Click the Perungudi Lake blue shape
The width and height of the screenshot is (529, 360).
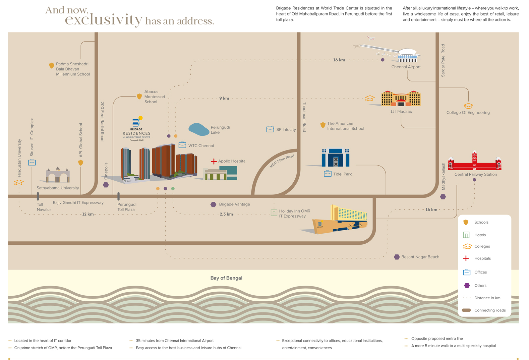pyautogui.click(x=199, y=129)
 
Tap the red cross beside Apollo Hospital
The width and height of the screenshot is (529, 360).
pyautogui.click(x=214, y=161)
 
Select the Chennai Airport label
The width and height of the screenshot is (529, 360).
pyautogui.click(x=406, y=67)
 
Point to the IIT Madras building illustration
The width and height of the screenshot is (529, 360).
pyautogui.click(x=401, y=99)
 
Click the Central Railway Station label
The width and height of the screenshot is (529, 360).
pyautogui.click(x=475, y=174)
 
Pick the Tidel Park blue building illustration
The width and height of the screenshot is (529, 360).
pyautogui.click(x=335, y=158)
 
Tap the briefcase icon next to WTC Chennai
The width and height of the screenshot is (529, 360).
pyautogui.click(x=182, y=145)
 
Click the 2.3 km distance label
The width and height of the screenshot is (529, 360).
pyautogui.click(x=226, y=214)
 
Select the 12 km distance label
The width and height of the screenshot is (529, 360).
pyautogui.click(x=88, y=214)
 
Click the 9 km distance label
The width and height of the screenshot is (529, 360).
pyautogui.click(x=224, y=98)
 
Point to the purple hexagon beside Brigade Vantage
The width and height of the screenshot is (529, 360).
pyautogui.click(x=213, y=204)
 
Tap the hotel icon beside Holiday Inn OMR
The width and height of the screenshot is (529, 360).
pyautogui.click(x=274, y=213)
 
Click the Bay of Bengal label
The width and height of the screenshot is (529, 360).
pyautogui.click(x=226, y=278)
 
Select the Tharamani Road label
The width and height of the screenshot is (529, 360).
pyautogui.click(x=304, y=117)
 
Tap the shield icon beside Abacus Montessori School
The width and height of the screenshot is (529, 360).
pyautogui.click(x=139, y=96)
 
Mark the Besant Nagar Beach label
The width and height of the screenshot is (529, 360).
pyautogui.click(x=420, y=257)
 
